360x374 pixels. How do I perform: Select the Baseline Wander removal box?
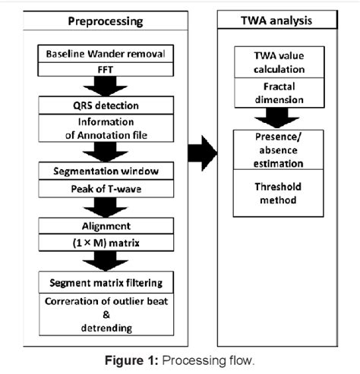111,54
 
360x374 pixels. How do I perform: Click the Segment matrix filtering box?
111,283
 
